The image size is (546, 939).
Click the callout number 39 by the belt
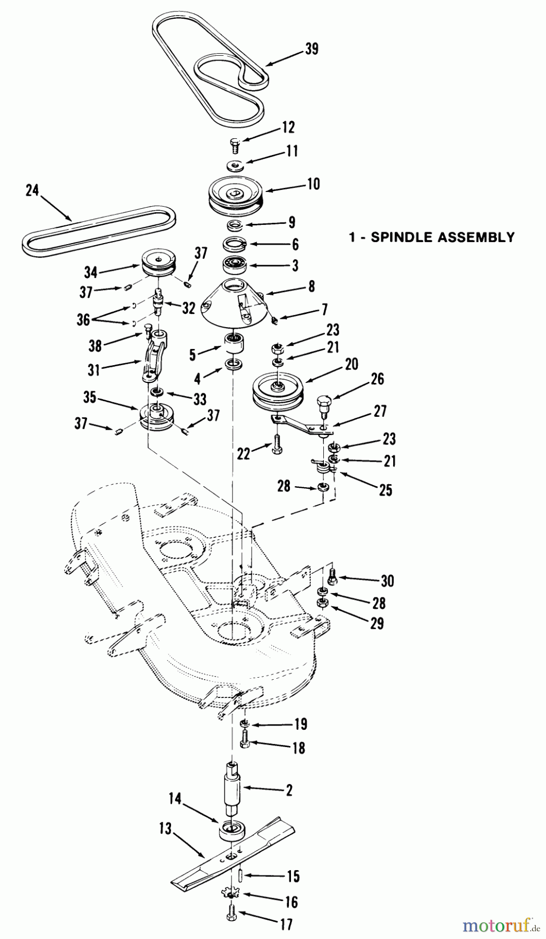[x=312, y=49]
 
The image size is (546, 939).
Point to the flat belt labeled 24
[x=99, y=230]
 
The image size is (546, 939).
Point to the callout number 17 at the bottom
[x=286, y=925]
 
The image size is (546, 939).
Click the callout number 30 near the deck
[x=387, y=581]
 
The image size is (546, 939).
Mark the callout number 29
[x=377, y=623]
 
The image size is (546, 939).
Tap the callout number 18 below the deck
[x=298, y=748]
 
